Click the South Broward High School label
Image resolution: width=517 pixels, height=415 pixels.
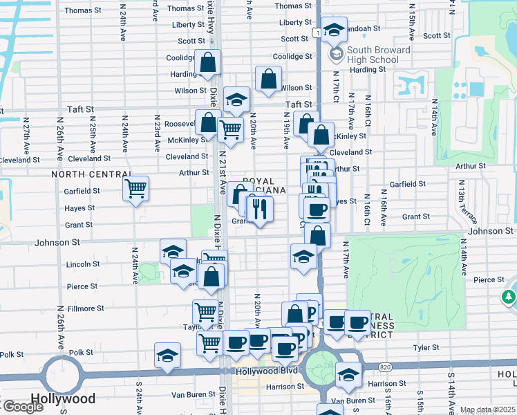coord(378,55)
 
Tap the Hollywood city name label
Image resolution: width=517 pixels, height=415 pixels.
coord(62,399)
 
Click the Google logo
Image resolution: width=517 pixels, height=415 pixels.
coord(22,407)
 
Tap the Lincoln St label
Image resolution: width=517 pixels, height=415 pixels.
coord(83,264)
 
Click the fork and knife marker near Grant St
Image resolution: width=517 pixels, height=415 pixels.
coord(260,209)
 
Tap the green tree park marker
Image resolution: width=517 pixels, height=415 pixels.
coord(509,297)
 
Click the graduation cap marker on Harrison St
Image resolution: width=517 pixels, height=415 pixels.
coord(349,375)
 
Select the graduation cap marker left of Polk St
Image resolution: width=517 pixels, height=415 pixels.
coord(167,356)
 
